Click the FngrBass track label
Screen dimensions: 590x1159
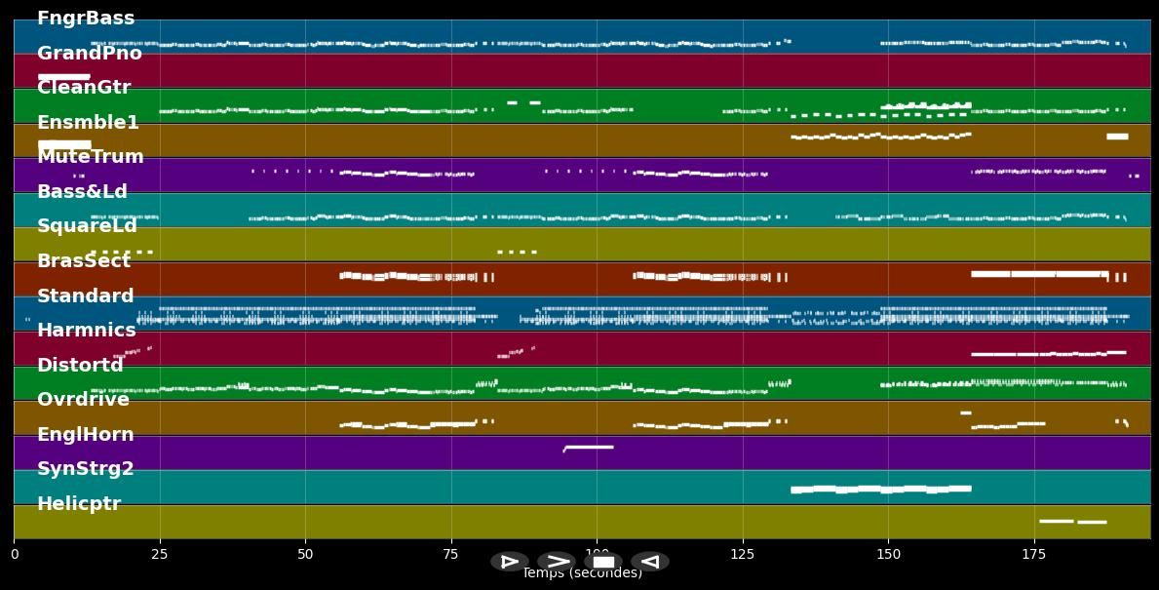86,19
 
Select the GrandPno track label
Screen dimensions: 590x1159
90,54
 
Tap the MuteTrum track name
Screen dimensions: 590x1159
91,157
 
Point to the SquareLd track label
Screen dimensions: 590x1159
88,226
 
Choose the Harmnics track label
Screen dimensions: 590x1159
87,331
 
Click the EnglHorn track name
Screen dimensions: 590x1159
86,435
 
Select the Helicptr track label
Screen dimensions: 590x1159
79,504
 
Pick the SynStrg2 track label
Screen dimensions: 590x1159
86,469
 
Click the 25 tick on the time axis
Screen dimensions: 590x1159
160,555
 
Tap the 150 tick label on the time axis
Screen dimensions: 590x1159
888,555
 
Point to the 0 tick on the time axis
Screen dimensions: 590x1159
15,555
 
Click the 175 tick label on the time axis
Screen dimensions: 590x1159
1033,555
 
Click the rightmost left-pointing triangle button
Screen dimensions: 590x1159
650,562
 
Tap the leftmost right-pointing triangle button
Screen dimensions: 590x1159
509,562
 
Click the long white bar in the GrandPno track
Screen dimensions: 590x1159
64,76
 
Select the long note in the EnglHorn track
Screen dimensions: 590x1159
589,447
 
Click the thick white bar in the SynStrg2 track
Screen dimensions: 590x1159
880,489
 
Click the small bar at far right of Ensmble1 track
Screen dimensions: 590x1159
1117,137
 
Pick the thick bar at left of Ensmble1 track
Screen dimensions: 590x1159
64,145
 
